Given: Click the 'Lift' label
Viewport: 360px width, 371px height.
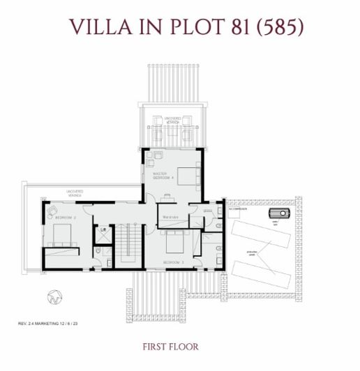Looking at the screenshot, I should [x=103, y=229].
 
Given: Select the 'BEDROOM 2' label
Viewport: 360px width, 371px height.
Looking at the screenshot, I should [x=65, y=218].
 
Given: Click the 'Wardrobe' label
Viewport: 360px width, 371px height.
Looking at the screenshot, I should [x=172, y=217].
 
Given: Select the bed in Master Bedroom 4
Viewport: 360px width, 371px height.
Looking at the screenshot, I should [x=187, y=175].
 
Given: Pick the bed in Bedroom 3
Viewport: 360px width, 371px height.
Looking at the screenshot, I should [x=174, y=243].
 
